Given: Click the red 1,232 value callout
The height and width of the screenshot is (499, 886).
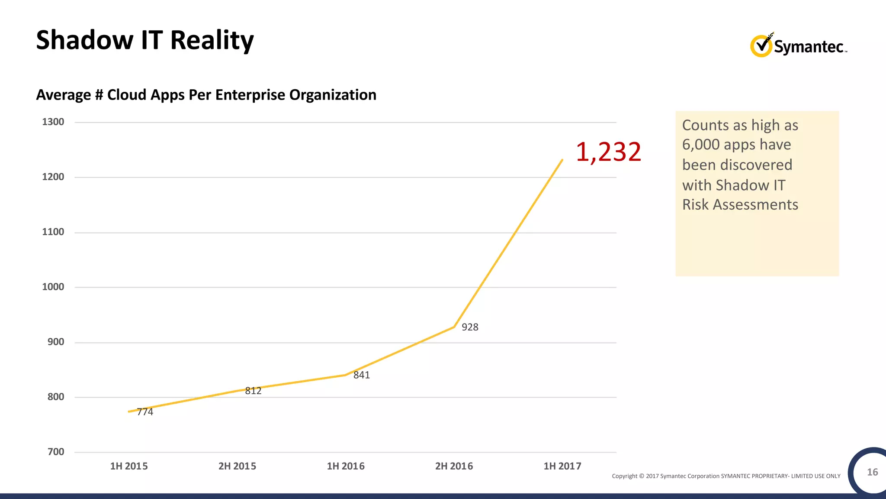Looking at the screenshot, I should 608,152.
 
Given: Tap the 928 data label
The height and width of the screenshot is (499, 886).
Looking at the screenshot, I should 470,327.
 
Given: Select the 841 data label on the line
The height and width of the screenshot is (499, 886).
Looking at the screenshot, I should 362,375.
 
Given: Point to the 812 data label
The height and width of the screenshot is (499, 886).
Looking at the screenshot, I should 253,391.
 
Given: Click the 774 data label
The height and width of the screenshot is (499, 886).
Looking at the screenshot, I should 145,412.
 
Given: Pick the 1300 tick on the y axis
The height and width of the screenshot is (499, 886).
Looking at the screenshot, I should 53,122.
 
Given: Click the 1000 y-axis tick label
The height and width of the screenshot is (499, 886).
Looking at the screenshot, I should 53,287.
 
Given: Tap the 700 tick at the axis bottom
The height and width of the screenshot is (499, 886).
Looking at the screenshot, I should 55,452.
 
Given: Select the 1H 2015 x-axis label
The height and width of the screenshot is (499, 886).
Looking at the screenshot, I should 129,466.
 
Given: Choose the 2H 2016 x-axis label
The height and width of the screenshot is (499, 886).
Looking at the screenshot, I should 454,466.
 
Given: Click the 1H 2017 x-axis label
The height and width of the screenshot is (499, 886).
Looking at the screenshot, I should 562,466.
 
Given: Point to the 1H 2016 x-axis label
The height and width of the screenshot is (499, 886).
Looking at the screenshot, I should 346,466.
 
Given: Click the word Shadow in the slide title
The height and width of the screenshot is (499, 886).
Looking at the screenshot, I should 85,40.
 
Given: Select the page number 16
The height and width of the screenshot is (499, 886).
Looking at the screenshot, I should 872,472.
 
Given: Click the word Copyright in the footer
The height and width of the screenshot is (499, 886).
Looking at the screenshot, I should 624,476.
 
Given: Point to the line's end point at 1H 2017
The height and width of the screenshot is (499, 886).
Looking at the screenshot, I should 562,160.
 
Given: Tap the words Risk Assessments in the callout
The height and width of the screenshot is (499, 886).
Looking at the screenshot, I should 740,204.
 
